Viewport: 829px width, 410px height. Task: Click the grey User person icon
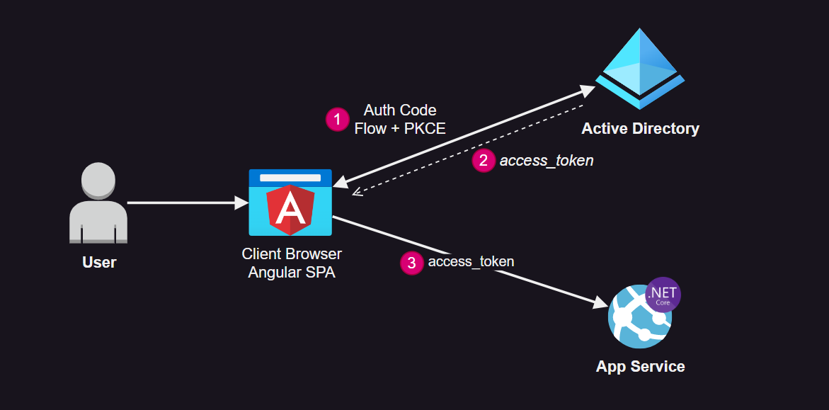coord(99,203)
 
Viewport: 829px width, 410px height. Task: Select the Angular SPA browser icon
coord(290,203)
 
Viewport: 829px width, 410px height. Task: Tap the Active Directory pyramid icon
coord(639,69)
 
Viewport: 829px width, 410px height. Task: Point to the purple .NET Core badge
coord(663,295)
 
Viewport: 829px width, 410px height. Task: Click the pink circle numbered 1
coord(337,119)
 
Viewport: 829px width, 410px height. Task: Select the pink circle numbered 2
coord(484,161)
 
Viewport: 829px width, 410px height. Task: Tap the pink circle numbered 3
coord(411,263)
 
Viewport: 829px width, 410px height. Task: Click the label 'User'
coord(99,263)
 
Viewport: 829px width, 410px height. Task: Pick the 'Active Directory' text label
coord(640,129)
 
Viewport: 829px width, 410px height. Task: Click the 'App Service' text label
coord(640,367)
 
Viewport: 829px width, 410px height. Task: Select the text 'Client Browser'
coord(292,254)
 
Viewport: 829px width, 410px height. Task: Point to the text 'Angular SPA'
coord(292,272)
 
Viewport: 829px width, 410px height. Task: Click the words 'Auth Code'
coord(400,110)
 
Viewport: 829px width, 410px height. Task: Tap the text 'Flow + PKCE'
coord(400,129)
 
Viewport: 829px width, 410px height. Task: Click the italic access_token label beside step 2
coord(547,161)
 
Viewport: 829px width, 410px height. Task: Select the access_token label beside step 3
coord(471,262)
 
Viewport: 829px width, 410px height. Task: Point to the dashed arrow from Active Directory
coord(467,149)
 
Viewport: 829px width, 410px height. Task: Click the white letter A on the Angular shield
coord(290,210)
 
